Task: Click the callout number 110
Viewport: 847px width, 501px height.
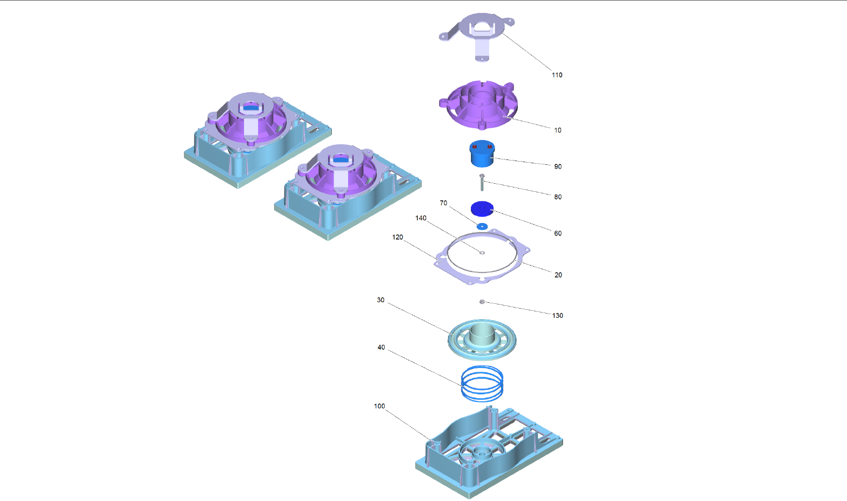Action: (557, 75)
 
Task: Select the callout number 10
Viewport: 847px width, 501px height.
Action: (558, 130)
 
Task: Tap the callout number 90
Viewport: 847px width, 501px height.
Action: (558, 166)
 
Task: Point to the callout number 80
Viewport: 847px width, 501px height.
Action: (558, 197)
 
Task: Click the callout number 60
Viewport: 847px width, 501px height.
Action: (558, 233)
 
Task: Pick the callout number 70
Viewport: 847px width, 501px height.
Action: (443, 203)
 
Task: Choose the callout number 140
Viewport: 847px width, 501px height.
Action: (421, 218)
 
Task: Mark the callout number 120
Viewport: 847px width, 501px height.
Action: (398, 237)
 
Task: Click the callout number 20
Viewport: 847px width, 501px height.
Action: (558, 275)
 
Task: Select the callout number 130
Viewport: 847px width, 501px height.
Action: (558, 316)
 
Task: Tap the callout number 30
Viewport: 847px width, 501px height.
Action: (381, 300)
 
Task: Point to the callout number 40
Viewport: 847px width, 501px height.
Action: (381, 347)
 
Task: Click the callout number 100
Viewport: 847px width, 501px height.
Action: (380, 406)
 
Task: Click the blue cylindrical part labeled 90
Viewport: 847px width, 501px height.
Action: (482, 155)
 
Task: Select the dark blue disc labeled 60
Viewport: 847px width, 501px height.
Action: (482, 208)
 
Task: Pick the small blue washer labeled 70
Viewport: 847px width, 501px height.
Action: (482, 226)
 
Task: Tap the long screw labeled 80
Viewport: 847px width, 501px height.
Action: (482, 183)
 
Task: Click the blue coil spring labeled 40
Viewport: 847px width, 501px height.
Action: (482, 383)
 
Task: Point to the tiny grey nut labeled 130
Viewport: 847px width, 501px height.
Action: (482, 302)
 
